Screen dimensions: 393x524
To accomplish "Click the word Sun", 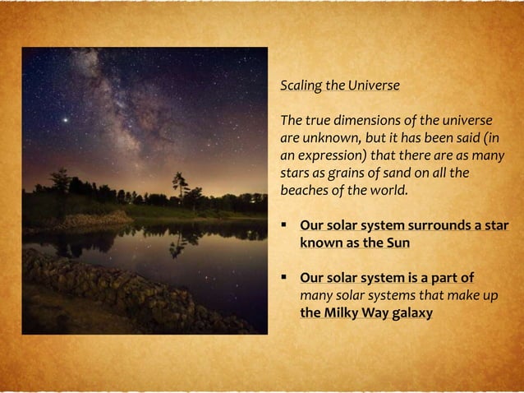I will [x=398, y=243].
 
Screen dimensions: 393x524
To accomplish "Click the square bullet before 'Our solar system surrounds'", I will [x=284, y=226].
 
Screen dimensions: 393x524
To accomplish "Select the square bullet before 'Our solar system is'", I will [x=284, y=278].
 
